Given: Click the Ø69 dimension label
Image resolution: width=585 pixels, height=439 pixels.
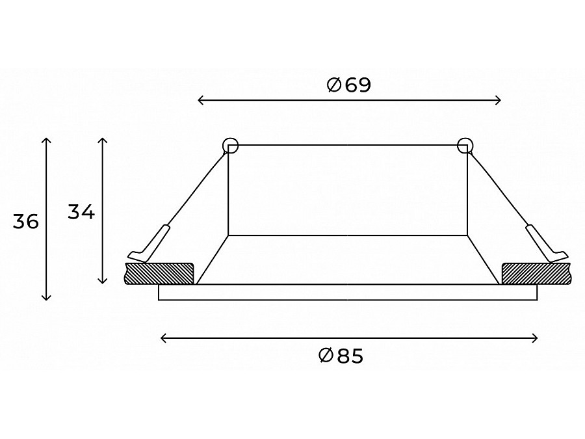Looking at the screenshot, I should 349,85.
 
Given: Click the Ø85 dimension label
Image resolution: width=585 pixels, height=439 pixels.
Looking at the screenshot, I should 341,356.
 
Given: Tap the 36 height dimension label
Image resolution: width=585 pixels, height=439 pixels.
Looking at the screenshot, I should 26,222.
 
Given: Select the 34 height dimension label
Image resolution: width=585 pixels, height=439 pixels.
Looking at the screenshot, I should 81,212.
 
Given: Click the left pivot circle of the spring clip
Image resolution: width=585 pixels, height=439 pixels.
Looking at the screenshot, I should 230,146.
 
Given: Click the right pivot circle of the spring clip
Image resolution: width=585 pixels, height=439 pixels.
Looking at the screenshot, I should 465,146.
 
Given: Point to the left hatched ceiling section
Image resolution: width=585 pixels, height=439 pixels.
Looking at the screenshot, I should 160,273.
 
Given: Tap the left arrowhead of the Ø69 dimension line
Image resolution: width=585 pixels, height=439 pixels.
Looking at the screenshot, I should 200,100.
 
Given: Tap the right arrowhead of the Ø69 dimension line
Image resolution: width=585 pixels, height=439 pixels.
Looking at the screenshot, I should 499,100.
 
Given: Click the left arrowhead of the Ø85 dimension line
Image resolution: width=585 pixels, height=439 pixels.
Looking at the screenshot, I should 162,338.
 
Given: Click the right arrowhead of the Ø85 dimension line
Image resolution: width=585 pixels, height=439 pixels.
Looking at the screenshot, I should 536,338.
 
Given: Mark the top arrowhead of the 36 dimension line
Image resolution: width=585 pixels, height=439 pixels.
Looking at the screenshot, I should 45,140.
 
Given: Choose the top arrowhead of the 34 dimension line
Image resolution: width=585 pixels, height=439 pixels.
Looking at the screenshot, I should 102,140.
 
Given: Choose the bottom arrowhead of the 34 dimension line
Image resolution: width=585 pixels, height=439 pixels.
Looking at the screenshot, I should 102,281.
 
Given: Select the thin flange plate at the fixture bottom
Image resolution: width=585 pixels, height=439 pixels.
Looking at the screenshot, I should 348,293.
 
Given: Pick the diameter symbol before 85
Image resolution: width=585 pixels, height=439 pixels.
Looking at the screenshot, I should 326,356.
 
